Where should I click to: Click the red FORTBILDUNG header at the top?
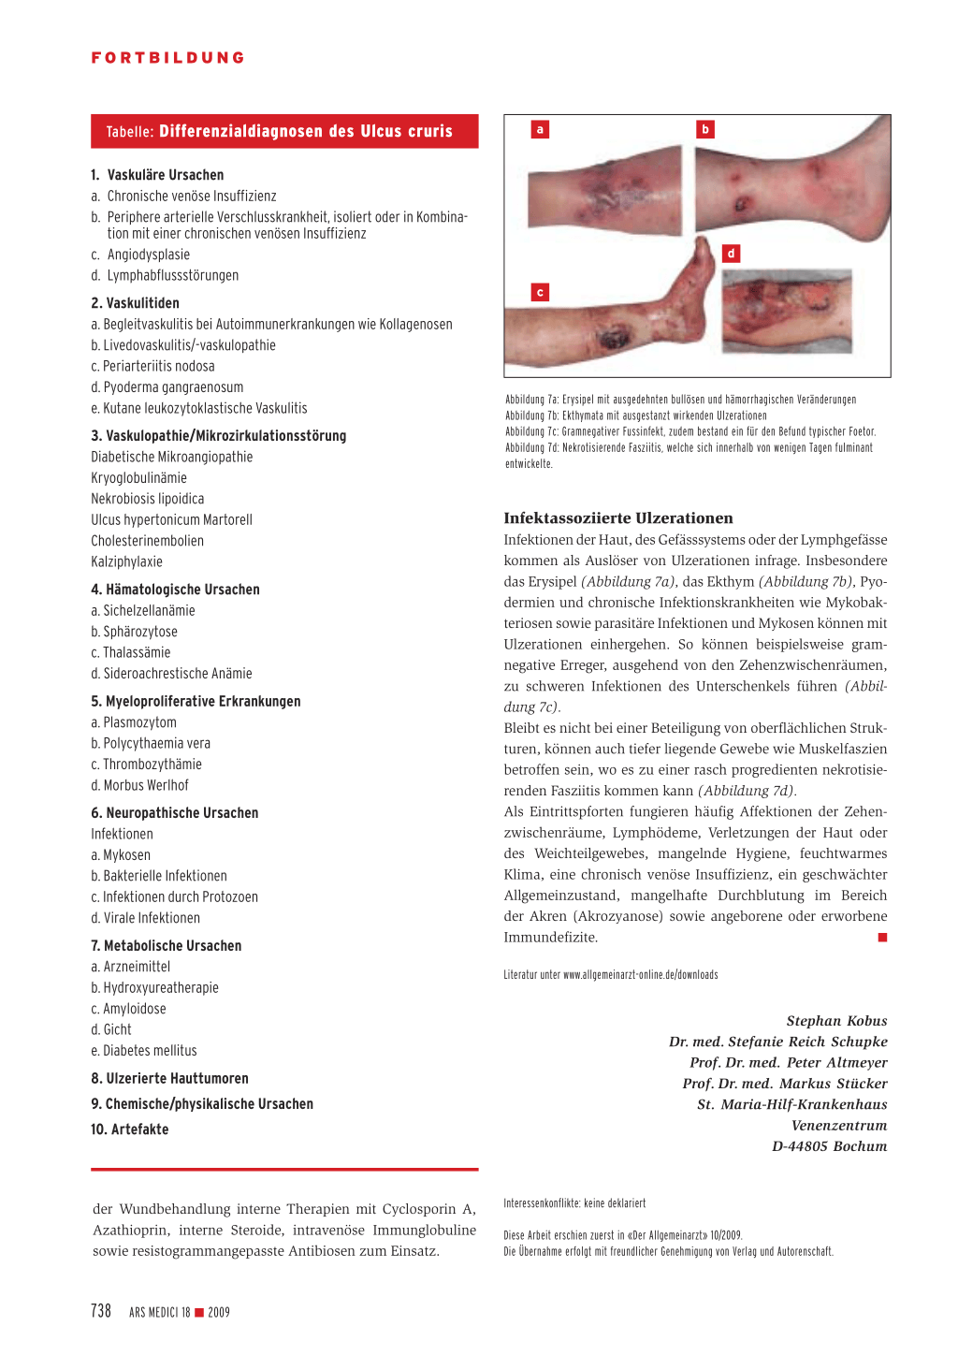tap(168, 58)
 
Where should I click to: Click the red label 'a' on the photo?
tap(540, 130)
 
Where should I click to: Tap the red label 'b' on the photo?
tap(705, 129)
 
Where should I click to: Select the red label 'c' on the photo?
tap(540, 293)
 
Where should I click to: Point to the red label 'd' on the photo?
tap(732, 254)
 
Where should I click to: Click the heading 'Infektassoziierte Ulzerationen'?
tap(618, 518)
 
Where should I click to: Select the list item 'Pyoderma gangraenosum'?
tap(167, 387)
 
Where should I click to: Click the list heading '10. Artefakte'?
tap(130, 1129)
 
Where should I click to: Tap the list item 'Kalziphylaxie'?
tap(127, 561)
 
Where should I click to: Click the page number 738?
tap(101, 1311)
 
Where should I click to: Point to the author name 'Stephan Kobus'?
tap(836, 1021)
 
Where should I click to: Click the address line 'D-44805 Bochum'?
tap(829, 1146)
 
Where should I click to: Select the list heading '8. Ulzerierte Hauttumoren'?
tap(169, 1078)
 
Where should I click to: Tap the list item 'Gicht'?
tap(117, 1029)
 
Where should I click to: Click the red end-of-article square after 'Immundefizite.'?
tap(882, 938)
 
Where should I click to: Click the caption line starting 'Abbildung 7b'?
tap(636, 415)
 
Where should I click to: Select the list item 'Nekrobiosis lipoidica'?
tap(148, 499)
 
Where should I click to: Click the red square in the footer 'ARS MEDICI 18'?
tap(199, 1313)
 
